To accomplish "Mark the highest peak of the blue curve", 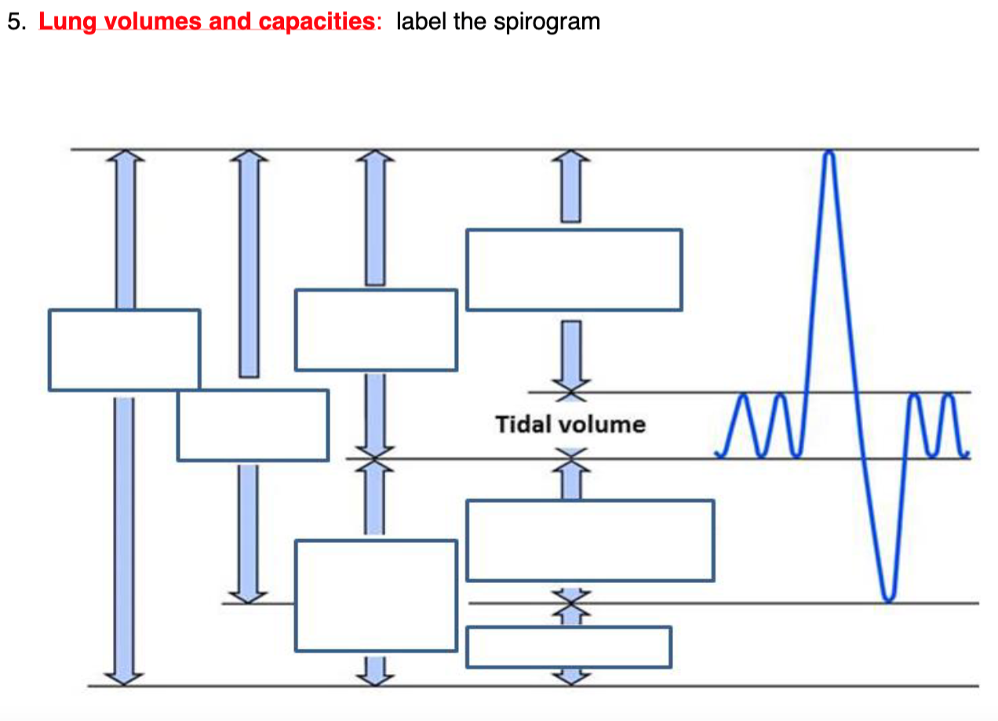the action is (829, 152).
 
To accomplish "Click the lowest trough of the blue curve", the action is (887, 600).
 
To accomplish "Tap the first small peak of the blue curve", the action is (745, 397).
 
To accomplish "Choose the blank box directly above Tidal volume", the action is (574, 270).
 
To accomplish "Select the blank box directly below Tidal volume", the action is (590, 541).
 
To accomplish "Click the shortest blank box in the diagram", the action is (569, 647).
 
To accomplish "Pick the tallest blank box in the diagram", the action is (376, 596).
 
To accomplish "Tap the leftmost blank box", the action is (124, 350).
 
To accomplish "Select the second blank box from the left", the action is (253, 425).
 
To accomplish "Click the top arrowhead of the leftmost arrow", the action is (125, 156).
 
